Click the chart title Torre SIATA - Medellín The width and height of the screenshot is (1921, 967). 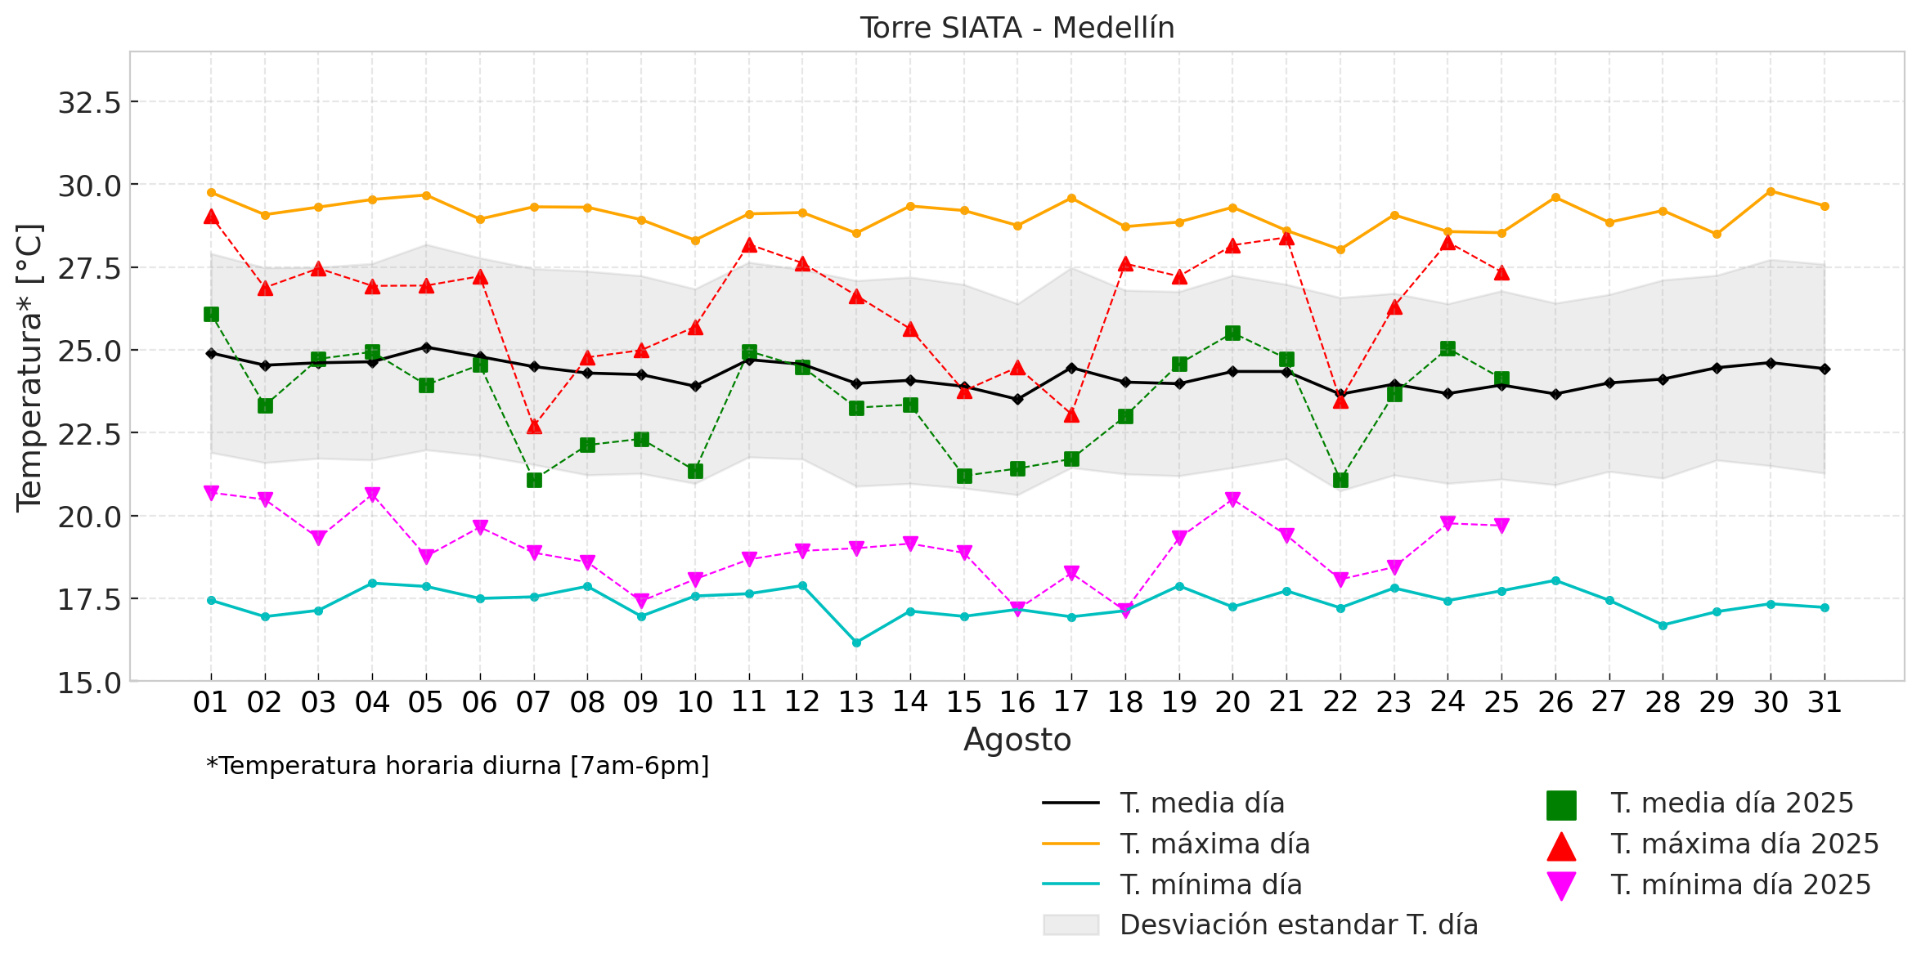point(1017,29)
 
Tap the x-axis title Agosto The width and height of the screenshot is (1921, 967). point(1017,740)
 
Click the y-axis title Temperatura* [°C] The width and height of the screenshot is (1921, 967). point(30,368)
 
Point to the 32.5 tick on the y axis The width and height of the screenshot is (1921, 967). point(89,103)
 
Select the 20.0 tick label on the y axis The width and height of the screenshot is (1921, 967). point(89,517)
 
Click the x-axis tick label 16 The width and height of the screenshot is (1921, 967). point(1017,702)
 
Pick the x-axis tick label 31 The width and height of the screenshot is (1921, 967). point(1825,702)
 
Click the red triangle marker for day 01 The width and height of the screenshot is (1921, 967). point(211,217)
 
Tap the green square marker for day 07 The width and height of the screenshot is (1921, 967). point(534,480)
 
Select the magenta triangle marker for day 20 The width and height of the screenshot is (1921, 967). point(1232,499)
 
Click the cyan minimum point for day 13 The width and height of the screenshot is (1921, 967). point(856,642)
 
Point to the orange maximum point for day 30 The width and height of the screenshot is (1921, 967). point(1771,191)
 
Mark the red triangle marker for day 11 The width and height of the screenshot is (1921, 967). point(749,245)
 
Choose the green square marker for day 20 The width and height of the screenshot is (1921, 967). point(1232,333)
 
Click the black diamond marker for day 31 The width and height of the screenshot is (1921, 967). point(1825,369)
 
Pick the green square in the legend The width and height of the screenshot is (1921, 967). point(1560,805)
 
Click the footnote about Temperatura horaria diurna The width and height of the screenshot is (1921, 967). point(458,767)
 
